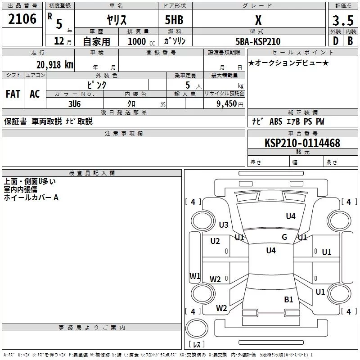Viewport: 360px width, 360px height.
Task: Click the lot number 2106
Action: (22, 19)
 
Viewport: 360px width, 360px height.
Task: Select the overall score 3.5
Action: (343, 20)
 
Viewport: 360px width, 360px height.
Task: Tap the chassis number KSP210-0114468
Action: (302, 143)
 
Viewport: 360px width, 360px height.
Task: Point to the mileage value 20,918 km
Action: (55, 65)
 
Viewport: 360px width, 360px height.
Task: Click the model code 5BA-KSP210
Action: (258, 41)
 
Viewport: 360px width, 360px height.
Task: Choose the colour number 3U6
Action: (74, 104)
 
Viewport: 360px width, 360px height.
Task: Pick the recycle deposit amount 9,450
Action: (227, 104)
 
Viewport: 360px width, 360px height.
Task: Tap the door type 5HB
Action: (174, 20)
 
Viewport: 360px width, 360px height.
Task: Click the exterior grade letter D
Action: (336, 41)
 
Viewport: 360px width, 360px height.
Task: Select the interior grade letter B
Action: (350, 41)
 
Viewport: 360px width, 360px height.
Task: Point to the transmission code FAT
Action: (13, 94)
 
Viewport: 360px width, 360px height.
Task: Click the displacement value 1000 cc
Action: (141, 42)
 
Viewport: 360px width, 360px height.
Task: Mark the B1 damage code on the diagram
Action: (288, 300)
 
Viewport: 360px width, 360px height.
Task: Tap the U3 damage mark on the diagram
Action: (224, 225)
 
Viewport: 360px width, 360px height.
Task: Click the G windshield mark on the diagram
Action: (284, 237)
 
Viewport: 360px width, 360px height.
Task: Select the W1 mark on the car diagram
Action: (195, 276)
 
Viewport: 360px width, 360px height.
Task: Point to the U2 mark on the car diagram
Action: (215, 241)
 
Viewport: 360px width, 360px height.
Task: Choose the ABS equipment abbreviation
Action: (276, 121)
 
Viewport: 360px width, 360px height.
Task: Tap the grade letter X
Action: (258, 20)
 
